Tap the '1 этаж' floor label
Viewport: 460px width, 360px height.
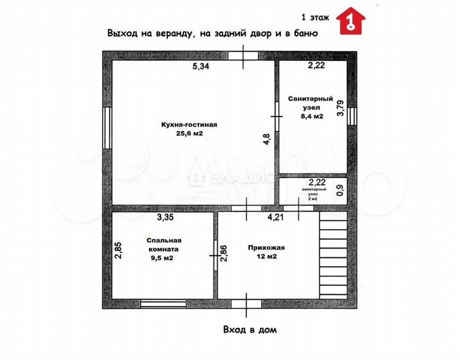(x=316, y=17)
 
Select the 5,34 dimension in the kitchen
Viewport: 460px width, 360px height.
(x=201, y=66)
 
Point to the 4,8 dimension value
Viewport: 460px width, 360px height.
(x=266, y=139)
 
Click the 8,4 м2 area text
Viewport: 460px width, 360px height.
(x=311, y=116)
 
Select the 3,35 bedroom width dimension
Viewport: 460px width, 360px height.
(x=167, y=218)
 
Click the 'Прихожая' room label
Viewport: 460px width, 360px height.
(x=266, y=247)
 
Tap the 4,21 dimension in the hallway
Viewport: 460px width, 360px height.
(x=276, y=219)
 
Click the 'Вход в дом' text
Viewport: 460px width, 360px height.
(x=251, y=330)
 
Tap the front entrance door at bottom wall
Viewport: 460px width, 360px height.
(x=245, y=304)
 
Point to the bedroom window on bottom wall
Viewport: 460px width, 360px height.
(x=163, y=303)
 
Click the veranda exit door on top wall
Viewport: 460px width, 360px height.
(x=242, y=56)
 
